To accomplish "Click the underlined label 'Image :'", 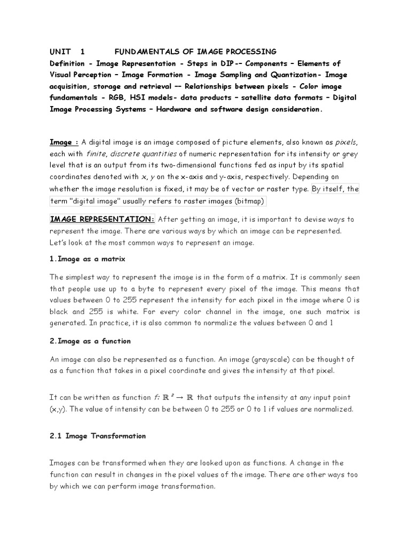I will coord(64,142).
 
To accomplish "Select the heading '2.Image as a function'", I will coord(90,341).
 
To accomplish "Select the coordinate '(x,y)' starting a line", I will coord(59,409).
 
